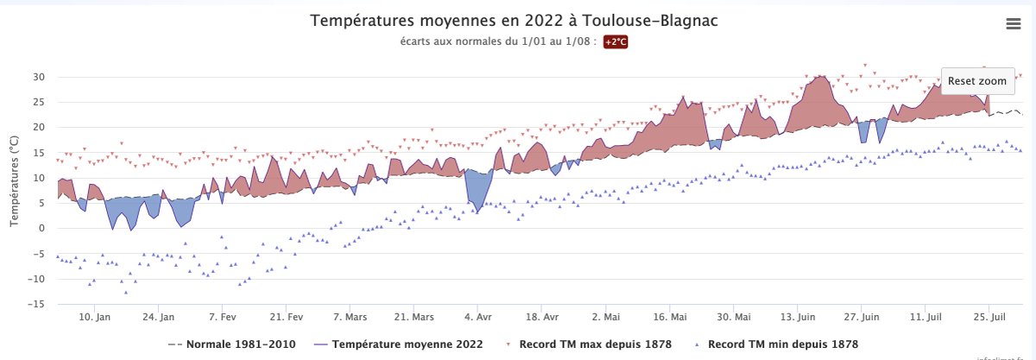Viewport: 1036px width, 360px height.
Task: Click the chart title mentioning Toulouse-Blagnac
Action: pos(517,20)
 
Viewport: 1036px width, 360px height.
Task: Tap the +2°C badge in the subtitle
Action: pos(615,41)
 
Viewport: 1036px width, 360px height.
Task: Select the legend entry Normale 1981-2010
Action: pos(232,344)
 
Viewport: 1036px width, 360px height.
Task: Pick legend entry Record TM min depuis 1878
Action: pos(774,344)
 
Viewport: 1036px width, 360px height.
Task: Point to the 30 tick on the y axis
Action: pos(37,77)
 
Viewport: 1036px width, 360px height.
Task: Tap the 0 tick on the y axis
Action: pos(41,229)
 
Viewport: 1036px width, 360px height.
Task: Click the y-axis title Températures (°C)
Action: pos(14,190)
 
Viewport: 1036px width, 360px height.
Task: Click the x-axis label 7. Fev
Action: pos(222,317)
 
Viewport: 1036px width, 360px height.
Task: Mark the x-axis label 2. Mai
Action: pos(606,317)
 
